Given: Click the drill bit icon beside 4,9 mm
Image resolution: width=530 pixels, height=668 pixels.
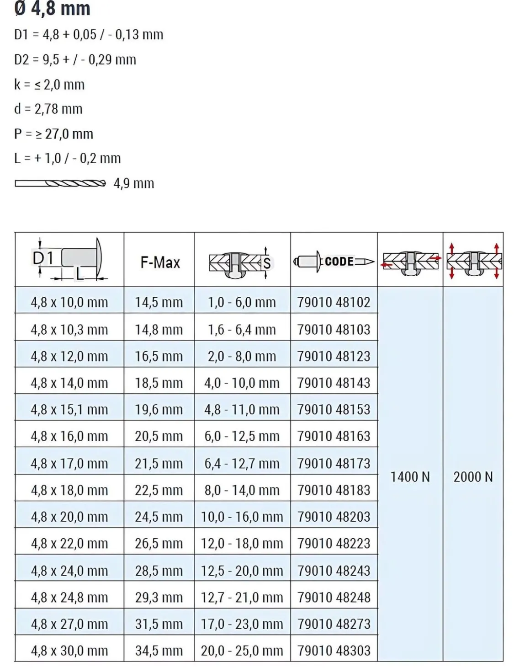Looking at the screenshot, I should tap(60, 183).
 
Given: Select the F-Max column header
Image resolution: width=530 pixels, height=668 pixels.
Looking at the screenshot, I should tap(160, 262).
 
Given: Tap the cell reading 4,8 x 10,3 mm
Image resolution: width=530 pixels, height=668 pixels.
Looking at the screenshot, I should tap(69, 329).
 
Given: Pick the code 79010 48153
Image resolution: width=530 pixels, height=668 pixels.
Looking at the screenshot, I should tap(334, 409).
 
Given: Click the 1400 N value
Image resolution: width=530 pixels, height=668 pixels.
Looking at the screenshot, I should tap(410, 477).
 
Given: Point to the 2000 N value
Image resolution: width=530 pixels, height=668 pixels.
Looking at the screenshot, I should tap(473, 477).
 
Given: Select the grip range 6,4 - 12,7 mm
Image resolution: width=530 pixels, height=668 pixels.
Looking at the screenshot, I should tap(242, 463).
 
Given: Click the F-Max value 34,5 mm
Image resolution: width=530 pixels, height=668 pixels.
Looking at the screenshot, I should tap(159, 650).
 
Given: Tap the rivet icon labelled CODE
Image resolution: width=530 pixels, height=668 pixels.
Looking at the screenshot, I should tap(334, 262).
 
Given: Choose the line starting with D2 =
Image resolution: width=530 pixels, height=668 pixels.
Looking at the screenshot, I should tap(75, 59).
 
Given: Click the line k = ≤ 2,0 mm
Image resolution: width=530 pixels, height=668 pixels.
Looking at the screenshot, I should tap(49, 85).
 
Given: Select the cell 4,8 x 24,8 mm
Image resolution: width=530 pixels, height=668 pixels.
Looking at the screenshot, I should tap(69, 597).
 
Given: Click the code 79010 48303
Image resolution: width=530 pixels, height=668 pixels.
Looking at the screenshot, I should tap(334, 650).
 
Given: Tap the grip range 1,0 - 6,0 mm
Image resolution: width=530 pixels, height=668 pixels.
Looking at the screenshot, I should tap(242, 302).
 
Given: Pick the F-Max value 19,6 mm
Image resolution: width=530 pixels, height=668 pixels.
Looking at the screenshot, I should tap(159, 409).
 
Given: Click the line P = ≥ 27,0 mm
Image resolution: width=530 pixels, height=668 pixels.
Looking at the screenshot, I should tap(53, 134).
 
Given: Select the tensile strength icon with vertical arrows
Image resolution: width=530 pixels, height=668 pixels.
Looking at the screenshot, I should tap(474, 261).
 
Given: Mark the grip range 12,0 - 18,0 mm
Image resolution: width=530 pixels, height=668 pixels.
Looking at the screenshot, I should tap(242, 543).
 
